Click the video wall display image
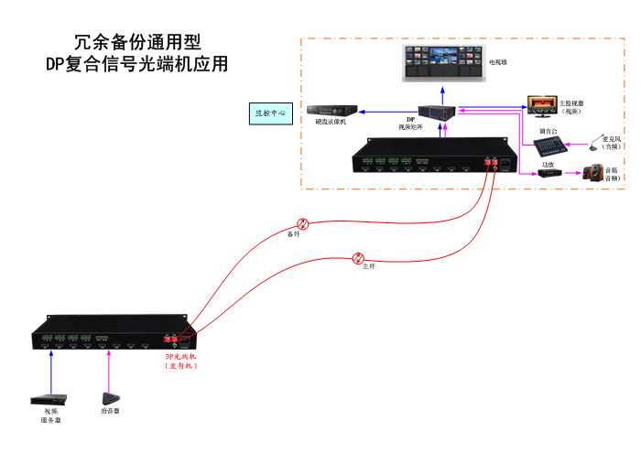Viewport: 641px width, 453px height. [x=442, y=62]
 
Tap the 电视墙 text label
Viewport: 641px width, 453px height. [x=497, y=62]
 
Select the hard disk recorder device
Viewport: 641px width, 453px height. [x=331, y=109]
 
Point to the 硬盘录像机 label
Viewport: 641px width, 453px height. [x=331, y=122]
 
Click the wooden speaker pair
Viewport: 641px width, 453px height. [x=594, y=172]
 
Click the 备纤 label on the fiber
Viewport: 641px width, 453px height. [x=293, y=234]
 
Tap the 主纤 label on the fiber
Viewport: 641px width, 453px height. [x=368, y=266]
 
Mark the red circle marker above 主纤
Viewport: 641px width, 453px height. [x=360, y=257]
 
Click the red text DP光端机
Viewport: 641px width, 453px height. [x=181, y=356]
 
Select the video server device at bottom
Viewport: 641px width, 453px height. [x=49, y=399]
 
